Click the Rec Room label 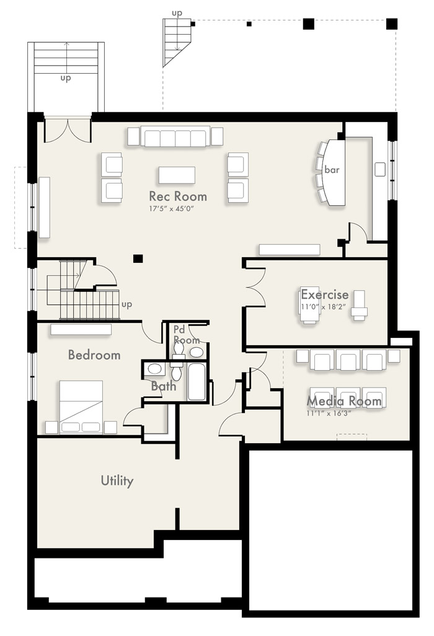[178, 197]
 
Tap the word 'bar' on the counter [332, 170]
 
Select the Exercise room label [324, 294]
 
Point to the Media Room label [344, 401]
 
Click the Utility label [117, 480]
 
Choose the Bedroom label [94, 355]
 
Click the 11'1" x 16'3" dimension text [329, 413]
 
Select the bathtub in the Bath [197, 382]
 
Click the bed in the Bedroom [81, 407]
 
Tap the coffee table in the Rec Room [177, 175]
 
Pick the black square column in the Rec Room [138, 258]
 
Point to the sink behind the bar [379, 170]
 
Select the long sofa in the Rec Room [175, 137]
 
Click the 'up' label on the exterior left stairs [66, 78]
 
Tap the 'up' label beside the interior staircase [126, 304]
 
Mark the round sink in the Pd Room [197, 352]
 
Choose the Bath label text [164, 386]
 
